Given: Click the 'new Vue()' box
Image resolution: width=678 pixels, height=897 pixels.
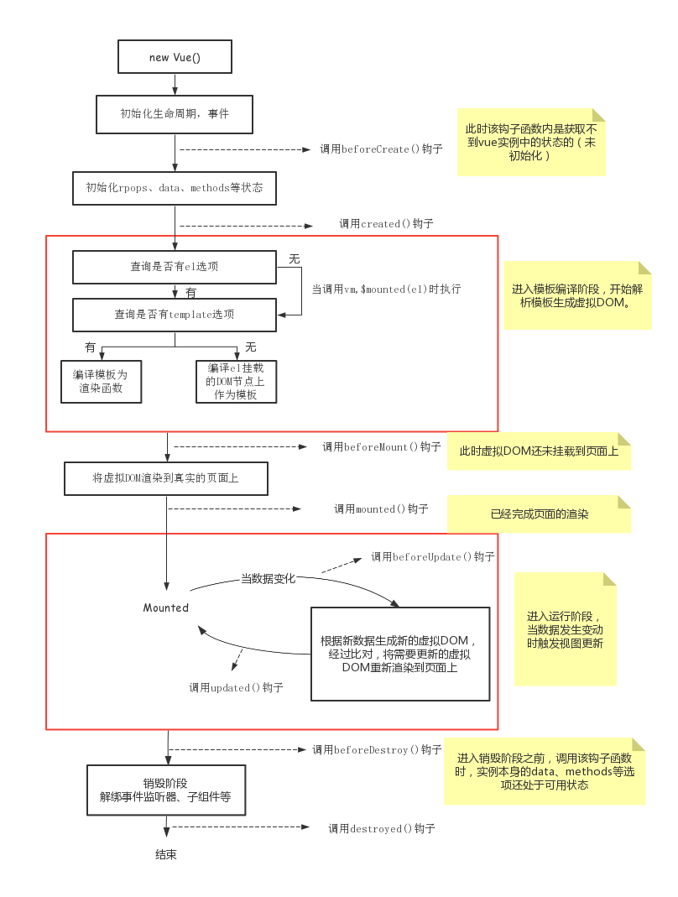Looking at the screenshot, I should (175, 57).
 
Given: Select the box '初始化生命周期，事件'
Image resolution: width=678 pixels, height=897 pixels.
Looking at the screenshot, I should (175, 113).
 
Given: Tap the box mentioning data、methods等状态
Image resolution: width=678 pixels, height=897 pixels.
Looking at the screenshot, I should (175, 188).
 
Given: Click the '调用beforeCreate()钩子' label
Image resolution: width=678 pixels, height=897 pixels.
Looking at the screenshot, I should (381, 149).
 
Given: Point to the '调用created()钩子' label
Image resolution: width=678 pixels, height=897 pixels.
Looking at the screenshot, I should (386, 224).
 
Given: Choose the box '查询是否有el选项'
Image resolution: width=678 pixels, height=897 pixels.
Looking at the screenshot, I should (175, 268).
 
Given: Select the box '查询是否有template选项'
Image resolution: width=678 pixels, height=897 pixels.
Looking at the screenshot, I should (175, 315).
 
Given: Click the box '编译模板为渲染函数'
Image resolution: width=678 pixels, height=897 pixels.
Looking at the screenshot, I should (102, 382).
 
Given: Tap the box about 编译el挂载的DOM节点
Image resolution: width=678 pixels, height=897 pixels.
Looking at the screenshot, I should (236, 382).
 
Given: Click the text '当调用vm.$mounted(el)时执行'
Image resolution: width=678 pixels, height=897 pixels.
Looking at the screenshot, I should (386, 289).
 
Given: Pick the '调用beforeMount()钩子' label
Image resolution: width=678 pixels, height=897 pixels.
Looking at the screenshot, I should (382, 447).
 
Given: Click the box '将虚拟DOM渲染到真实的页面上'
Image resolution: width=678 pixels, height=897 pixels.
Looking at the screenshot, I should (165, 479).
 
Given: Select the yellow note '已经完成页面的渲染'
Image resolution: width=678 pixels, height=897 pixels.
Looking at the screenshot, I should (540, 514).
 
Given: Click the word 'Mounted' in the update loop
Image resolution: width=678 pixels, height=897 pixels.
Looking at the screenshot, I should (166, 608).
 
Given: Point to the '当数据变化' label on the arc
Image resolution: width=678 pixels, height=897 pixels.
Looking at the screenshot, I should (268, 579).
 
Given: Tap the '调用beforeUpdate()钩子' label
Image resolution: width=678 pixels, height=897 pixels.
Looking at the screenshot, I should (433, 556).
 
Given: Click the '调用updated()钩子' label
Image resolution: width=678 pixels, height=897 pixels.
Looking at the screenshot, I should (236, 688).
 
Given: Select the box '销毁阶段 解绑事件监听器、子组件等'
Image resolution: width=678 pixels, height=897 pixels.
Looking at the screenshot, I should (165, 790).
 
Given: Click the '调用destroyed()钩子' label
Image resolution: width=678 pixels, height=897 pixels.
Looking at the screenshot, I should (382, 828).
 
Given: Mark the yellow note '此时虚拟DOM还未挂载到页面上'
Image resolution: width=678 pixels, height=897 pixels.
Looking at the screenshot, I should (539, 451).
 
